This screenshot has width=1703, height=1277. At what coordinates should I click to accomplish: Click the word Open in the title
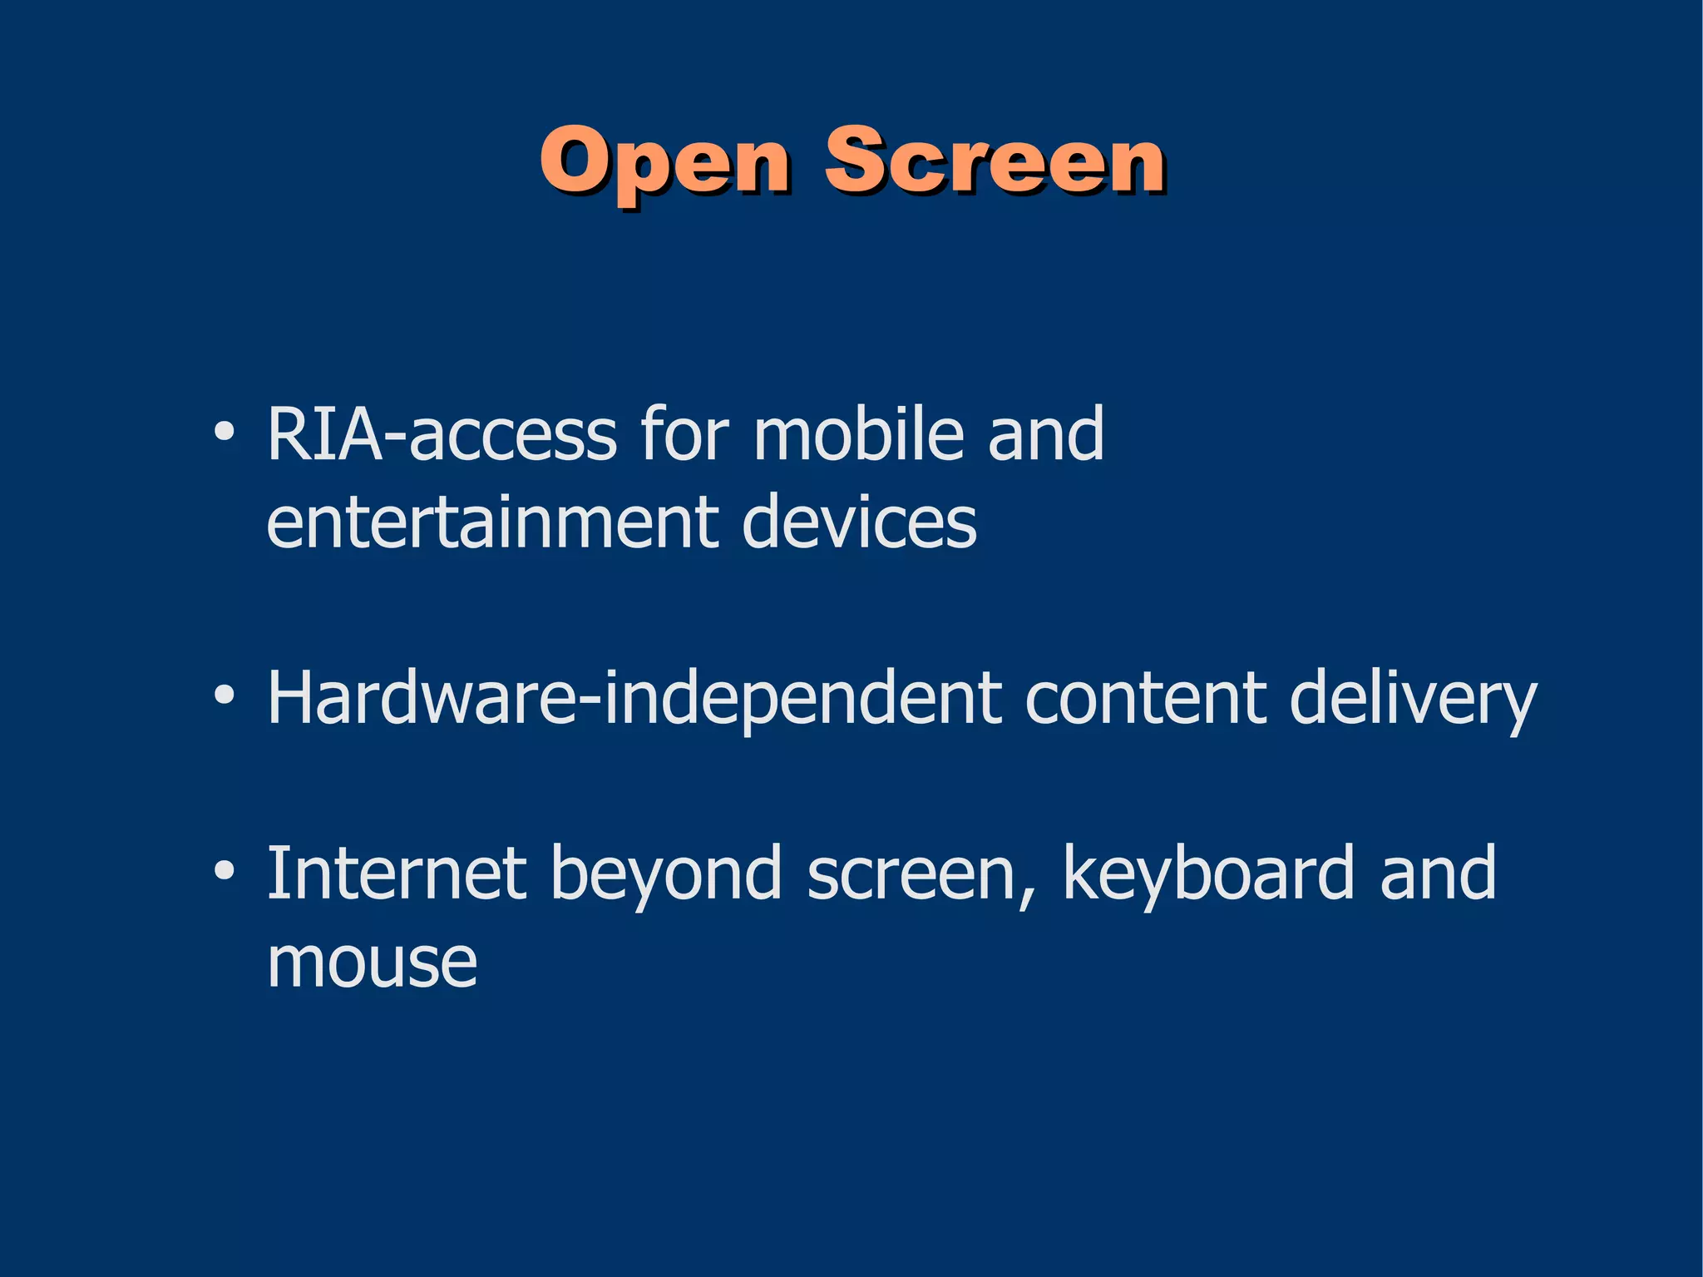tap(665, 163)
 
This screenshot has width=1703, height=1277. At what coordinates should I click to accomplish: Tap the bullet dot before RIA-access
tap(223, 433)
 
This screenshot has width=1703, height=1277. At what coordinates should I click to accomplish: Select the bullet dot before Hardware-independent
tap(223, 696)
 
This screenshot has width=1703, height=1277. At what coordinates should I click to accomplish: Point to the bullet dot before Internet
tap(223, 871)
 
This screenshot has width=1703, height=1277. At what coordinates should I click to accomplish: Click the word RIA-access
tap(442, 433)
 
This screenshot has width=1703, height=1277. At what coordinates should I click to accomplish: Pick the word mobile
tap(858, 433)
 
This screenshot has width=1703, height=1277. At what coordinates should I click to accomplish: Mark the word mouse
tap(372, 963)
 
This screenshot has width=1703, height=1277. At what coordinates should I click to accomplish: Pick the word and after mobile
tap(1046, 433)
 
